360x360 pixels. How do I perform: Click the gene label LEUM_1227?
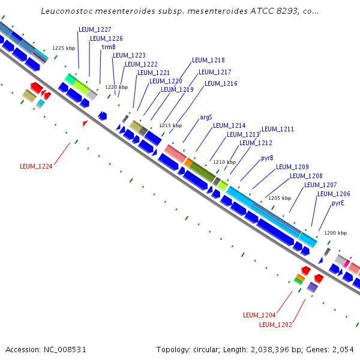coord(95,29)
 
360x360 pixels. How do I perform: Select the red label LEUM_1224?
coord(36,167)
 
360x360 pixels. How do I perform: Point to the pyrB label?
coord(267,158)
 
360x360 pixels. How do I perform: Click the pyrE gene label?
coord(338,203)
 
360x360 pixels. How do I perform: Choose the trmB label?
coord(109,47)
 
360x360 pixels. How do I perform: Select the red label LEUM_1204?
coord(259,315)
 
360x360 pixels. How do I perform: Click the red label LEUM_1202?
coord(275,325)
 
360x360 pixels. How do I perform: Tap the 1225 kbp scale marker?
coord(64,47)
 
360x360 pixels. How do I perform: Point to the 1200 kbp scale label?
coord(335,233)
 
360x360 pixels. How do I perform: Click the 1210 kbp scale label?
coord(224,162)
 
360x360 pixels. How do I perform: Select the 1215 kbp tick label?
coord(170,125)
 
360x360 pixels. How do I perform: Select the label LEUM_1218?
coord(208,61)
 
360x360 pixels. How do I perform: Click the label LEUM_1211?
coord(278,129)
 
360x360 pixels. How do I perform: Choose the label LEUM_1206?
coord(334,194)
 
